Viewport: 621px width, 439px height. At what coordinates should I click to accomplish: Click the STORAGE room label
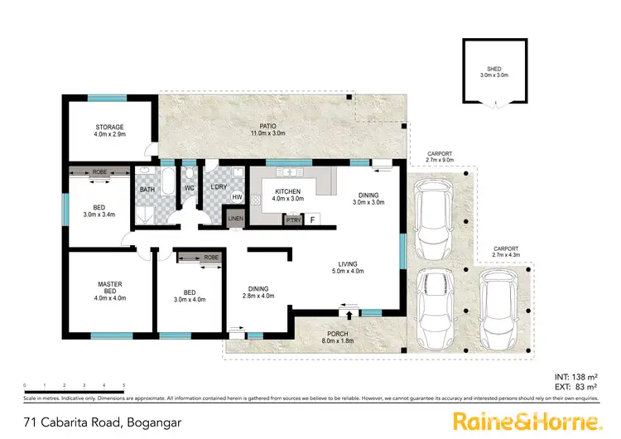tap(109, 128)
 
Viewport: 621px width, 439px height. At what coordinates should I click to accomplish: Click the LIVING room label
tap(348, 266)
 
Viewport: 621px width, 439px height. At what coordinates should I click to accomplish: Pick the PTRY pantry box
tap(292, 219)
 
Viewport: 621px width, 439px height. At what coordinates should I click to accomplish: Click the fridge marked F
tap(313, 219)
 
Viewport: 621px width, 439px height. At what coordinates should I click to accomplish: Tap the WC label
tap(189, 188)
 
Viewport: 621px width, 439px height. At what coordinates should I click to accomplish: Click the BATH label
tap(147, 190)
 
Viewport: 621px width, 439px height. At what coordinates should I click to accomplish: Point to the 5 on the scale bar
tap(123, 386)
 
